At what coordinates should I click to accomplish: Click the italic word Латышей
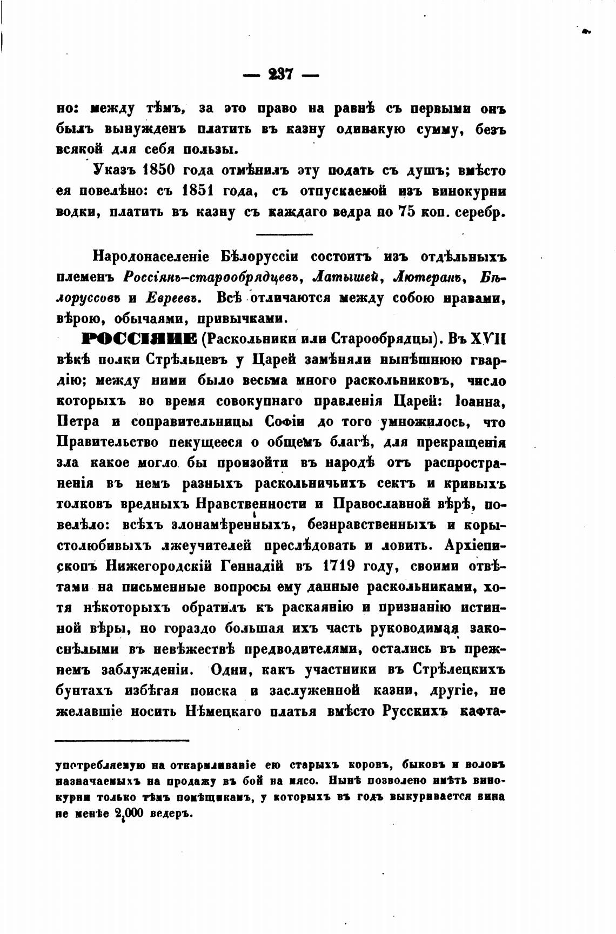[344, 277]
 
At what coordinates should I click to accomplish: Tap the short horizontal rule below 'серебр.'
[284, 234]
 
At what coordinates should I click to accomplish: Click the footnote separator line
[122, 740]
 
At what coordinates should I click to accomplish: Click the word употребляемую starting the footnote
[100, 766]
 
